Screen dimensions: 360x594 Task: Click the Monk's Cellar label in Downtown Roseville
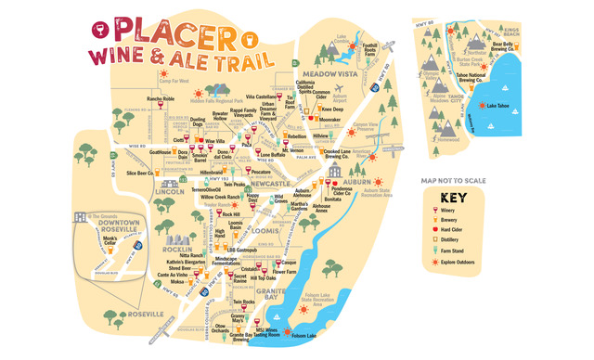pyautogui.click(x=114, y=239)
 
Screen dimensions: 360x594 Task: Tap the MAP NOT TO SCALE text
pyautogui.click(x=453, y=180)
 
